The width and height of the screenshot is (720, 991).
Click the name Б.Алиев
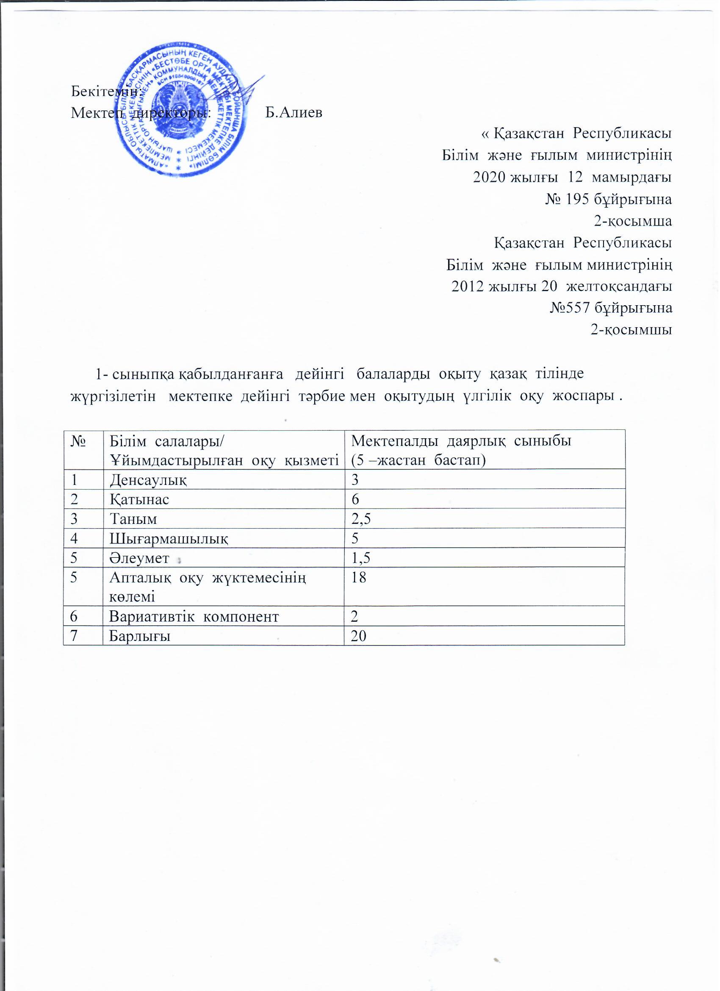click(294, 113)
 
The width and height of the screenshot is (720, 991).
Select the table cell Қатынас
click(139, 499)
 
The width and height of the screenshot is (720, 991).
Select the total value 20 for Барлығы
click(359, 636)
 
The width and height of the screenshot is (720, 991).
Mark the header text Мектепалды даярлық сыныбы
click(461, 441)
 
